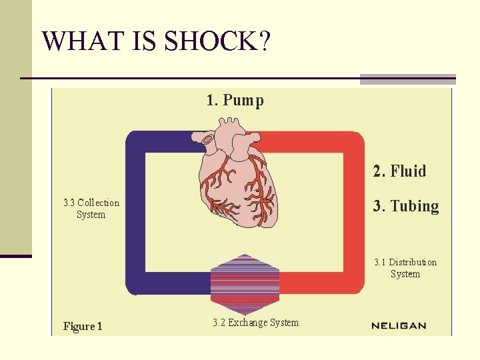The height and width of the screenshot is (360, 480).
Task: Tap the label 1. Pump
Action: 235,101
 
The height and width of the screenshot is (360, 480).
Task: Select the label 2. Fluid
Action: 399,171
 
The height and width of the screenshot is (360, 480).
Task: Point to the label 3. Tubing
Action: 405,206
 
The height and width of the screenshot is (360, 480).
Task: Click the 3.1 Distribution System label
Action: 405,268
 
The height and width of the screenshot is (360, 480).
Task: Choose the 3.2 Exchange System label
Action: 256,323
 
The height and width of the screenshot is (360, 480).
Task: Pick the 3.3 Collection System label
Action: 91,209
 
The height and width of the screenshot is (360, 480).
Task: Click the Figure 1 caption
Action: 83,326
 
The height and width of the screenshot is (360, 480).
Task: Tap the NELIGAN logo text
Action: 399,326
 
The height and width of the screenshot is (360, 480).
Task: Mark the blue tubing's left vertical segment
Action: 136,213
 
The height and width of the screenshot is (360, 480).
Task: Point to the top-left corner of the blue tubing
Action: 137,142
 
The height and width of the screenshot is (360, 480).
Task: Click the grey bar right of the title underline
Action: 407,79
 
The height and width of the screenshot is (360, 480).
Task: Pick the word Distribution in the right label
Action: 413,262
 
